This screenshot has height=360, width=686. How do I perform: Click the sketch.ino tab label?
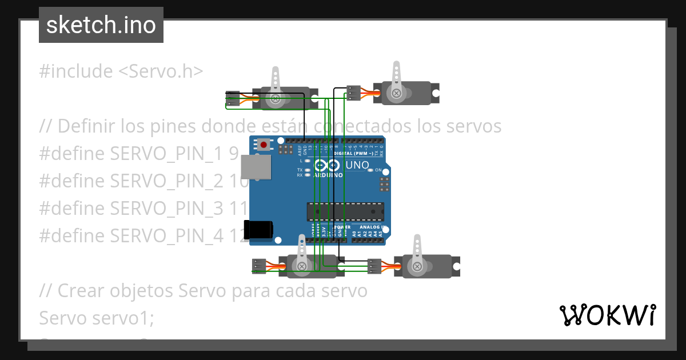click(101, 25)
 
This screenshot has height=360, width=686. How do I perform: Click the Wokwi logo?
click(607, 315)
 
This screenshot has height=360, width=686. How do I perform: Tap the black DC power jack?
click(258, 229)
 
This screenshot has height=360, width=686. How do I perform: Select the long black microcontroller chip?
click(345, 211)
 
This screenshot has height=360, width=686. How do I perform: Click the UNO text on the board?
click(357, 166)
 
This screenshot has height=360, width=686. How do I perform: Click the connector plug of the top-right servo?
click(353, 93)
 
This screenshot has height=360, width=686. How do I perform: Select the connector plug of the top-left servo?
click(232, 99)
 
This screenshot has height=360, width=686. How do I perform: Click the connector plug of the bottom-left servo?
click(259, 265)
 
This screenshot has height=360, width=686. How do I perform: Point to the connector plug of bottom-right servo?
click(374, 266)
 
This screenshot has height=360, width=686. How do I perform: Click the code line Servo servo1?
click(97, 318)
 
